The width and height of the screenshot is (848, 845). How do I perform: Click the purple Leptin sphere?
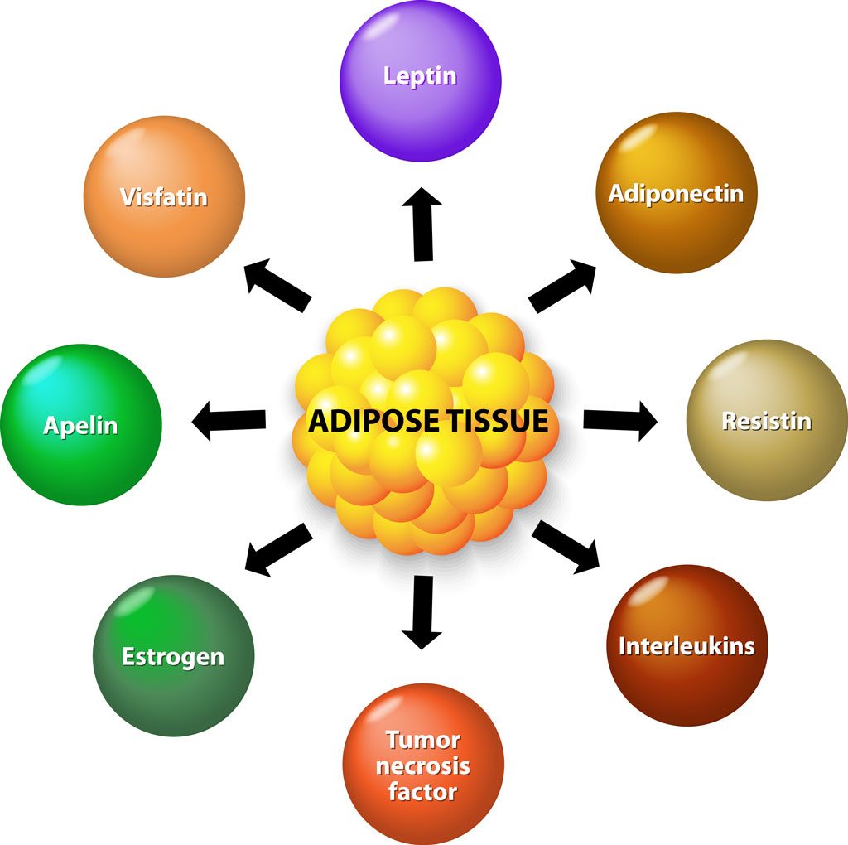(x=420, y=80)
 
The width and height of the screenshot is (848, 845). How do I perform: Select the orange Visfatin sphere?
(x=164, y=196)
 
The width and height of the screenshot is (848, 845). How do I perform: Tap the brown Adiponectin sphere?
(x=676, y=193)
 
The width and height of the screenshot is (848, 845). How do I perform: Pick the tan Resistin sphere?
(x=767, y=420)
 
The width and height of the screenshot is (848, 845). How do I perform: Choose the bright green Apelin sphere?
(x=80, y=425)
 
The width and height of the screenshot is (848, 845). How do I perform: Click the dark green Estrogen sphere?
(x=173, y=655)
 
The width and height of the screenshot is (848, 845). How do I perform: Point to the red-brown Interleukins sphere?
(x=687, y=645)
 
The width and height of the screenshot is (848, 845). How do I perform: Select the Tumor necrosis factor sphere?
(x=422, y=763)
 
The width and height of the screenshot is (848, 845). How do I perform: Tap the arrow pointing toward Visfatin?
(x=278, y=284)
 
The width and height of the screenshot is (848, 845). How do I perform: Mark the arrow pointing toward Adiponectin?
(x=564, y=286)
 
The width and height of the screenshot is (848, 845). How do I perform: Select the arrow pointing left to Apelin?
(x=229, y=421)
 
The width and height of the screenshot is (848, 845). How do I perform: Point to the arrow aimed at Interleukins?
(x=566, y=547)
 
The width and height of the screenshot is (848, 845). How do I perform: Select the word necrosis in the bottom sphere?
(x=422, y=765)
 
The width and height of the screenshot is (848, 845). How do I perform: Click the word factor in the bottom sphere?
(x=422, y=791)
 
